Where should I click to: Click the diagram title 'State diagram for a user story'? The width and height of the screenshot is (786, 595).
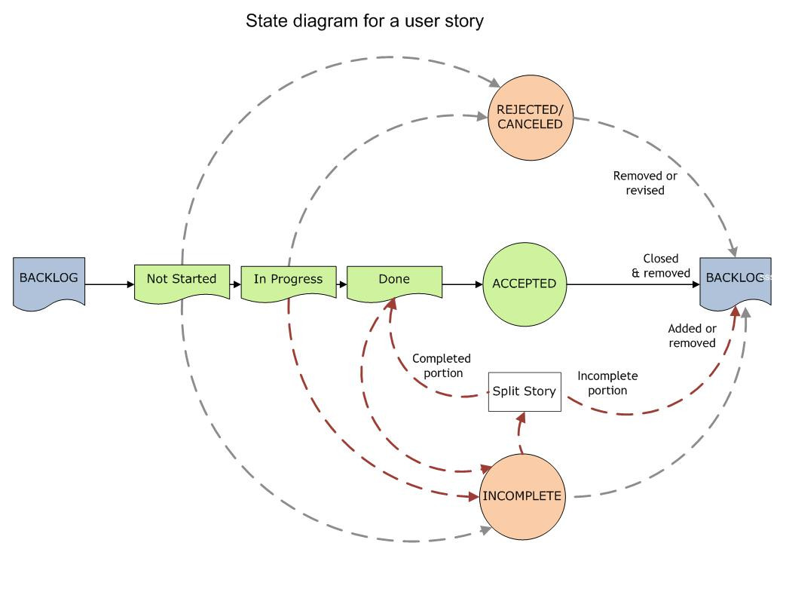click(365, 21)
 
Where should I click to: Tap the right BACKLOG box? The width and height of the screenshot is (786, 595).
click(735, 281)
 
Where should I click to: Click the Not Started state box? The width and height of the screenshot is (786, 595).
click(181, 280)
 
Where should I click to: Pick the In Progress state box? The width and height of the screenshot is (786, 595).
click(288, 280)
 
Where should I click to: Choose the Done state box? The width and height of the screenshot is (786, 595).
click(394, 280)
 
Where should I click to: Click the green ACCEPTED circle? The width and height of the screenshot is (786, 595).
click(524, 284)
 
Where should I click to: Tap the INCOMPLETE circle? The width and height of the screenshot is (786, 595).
click(522, 496)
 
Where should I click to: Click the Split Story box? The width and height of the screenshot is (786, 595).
click(525, 391)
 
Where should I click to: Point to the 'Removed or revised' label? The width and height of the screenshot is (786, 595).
click(645, 183)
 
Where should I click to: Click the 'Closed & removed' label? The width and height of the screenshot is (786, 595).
click(660, 266)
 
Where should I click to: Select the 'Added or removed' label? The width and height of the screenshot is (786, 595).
click(692, 336)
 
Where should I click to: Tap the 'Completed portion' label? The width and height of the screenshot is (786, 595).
click(441, 366)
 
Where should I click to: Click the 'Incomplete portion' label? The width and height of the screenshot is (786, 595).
click(607, 383)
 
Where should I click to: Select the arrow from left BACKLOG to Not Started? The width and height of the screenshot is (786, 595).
click(109, 284)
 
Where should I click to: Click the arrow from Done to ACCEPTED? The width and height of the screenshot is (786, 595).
click(462, 284)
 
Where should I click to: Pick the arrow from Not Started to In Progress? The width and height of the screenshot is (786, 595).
click(234, 284)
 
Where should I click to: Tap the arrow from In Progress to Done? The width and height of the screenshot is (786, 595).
click(341, 284)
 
